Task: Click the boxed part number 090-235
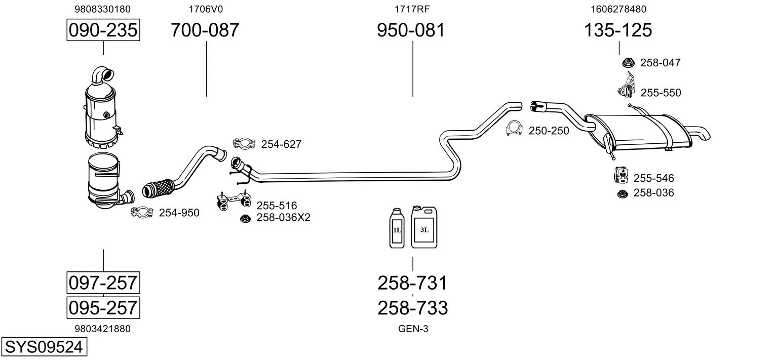point(103,30)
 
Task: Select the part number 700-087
point(205,30)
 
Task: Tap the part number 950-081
point(411,30)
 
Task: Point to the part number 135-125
point(618,30)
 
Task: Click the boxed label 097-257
point(103,283)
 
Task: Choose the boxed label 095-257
point(103,307)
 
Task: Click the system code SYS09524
point(43,347)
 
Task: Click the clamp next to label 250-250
point(515,129)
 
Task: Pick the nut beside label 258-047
point(628,62)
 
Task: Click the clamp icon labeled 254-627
point(243,143)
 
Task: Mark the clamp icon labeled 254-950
point(142,213)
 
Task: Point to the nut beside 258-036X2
point(245,218)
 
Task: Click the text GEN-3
point(413,329)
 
